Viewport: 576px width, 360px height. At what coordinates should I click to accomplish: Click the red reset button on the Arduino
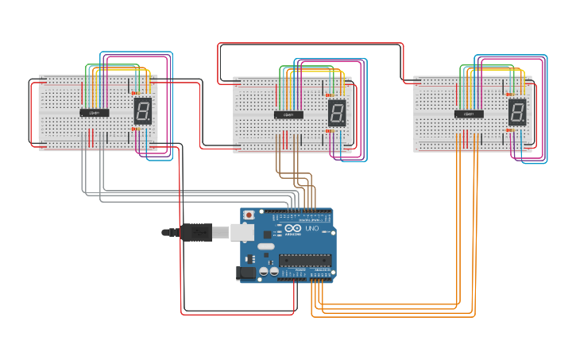(x=249, y=215)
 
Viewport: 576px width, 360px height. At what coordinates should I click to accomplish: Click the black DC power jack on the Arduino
(x=246, y=273)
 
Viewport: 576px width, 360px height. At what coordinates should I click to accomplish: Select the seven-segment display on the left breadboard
(x=143, y=110)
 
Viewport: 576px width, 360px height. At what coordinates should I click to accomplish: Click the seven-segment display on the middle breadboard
(x=337, y=113)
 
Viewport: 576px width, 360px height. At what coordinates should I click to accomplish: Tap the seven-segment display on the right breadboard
(x=517, y=112)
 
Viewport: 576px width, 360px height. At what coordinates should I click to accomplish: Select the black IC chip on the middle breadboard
(x=288, y=114)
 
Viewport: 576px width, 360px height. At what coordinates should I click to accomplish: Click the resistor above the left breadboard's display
(x=136, y=94)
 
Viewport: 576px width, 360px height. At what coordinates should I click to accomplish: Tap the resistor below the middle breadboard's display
(x=330, y=131)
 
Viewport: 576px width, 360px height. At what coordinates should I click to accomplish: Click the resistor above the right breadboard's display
(x=511, y=95)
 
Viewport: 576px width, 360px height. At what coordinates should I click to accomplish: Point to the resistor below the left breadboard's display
(x=136, y=129)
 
